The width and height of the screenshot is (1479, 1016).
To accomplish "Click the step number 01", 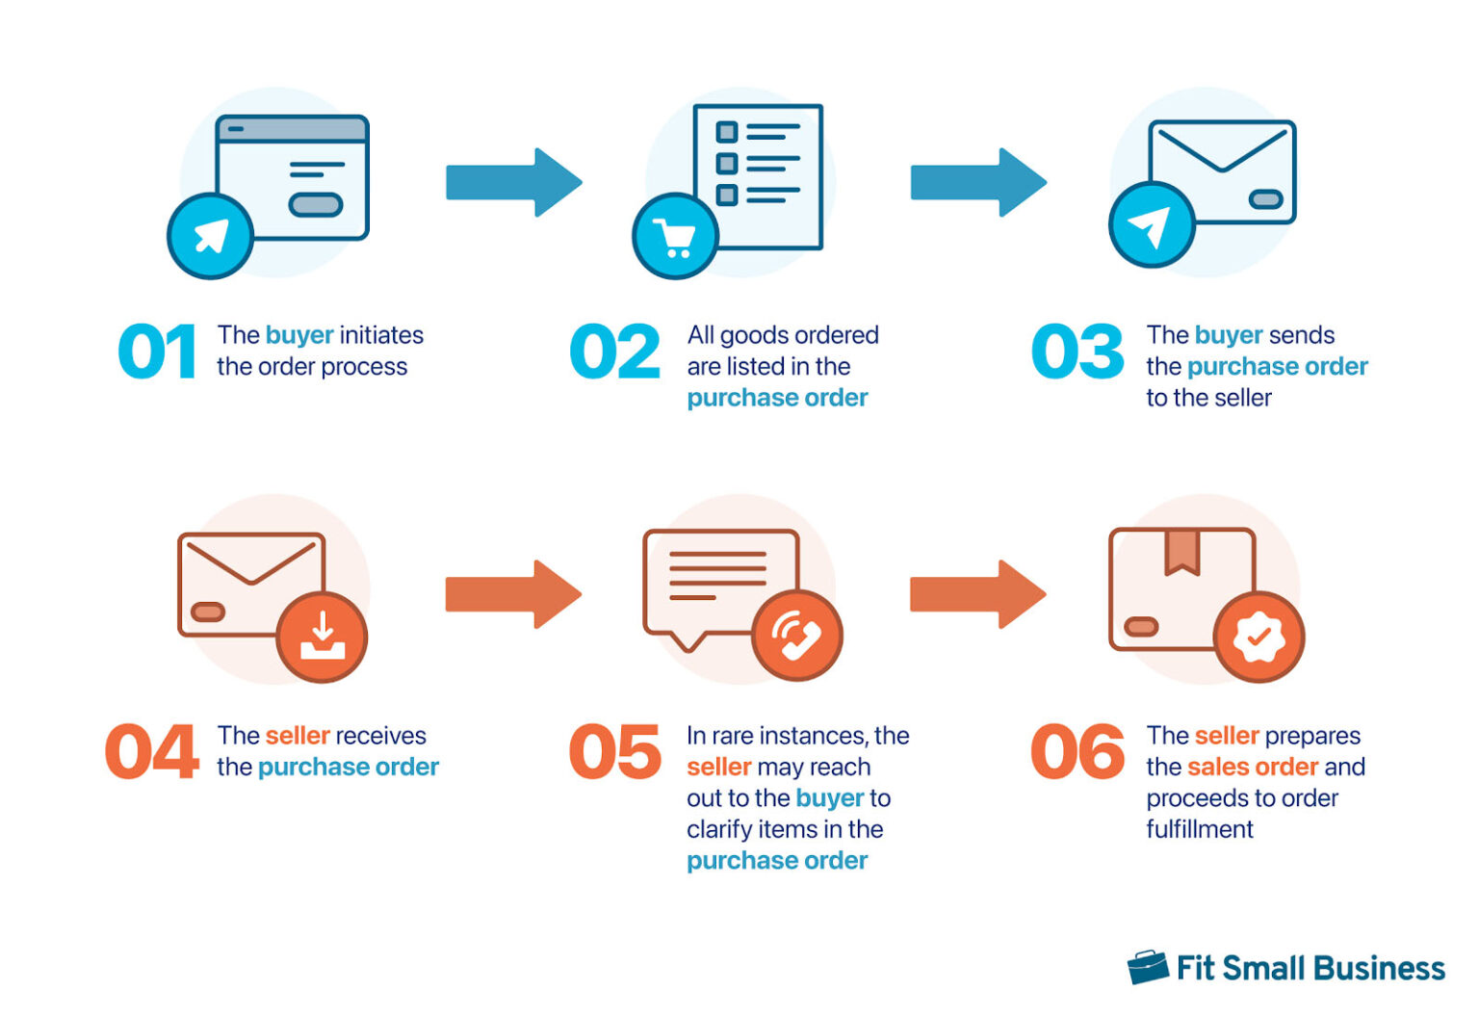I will coord(157,352).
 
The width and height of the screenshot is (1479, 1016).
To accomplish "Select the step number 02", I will coord(614,352).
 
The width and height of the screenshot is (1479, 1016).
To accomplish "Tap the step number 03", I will coord(1077,352).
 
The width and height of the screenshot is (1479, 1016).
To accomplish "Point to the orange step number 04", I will coord(152,751).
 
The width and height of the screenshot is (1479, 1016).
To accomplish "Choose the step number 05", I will coord(614,751).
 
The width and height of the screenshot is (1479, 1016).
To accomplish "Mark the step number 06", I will coord(1077,751).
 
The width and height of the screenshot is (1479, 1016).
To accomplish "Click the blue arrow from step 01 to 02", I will coord(513,182).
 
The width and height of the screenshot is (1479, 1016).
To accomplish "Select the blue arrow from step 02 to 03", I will coord(977,182).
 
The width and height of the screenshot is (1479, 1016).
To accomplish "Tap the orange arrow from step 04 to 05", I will coord(512,594).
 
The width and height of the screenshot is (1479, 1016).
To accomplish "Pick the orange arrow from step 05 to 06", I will coord(977,594).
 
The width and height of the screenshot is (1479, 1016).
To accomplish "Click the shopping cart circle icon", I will coord(675,236).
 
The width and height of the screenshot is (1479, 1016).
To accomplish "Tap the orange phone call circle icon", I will coord(797,636).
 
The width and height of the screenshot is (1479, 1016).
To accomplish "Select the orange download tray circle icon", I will coord(322,637).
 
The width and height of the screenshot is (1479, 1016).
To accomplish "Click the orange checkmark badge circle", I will coord(1258,637).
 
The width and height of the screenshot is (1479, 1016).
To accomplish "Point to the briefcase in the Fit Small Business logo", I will coord(1148,967).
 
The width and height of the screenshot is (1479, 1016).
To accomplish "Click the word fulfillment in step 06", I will coord(1200,829).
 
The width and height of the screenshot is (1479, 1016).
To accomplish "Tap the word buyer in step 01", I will coord(299,335).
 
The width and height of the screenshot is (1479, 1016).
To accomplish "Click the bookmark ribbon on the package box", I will coord(1181,551).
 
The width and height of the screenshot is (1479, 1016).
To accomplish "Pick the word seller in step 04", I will coord(298,736).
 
